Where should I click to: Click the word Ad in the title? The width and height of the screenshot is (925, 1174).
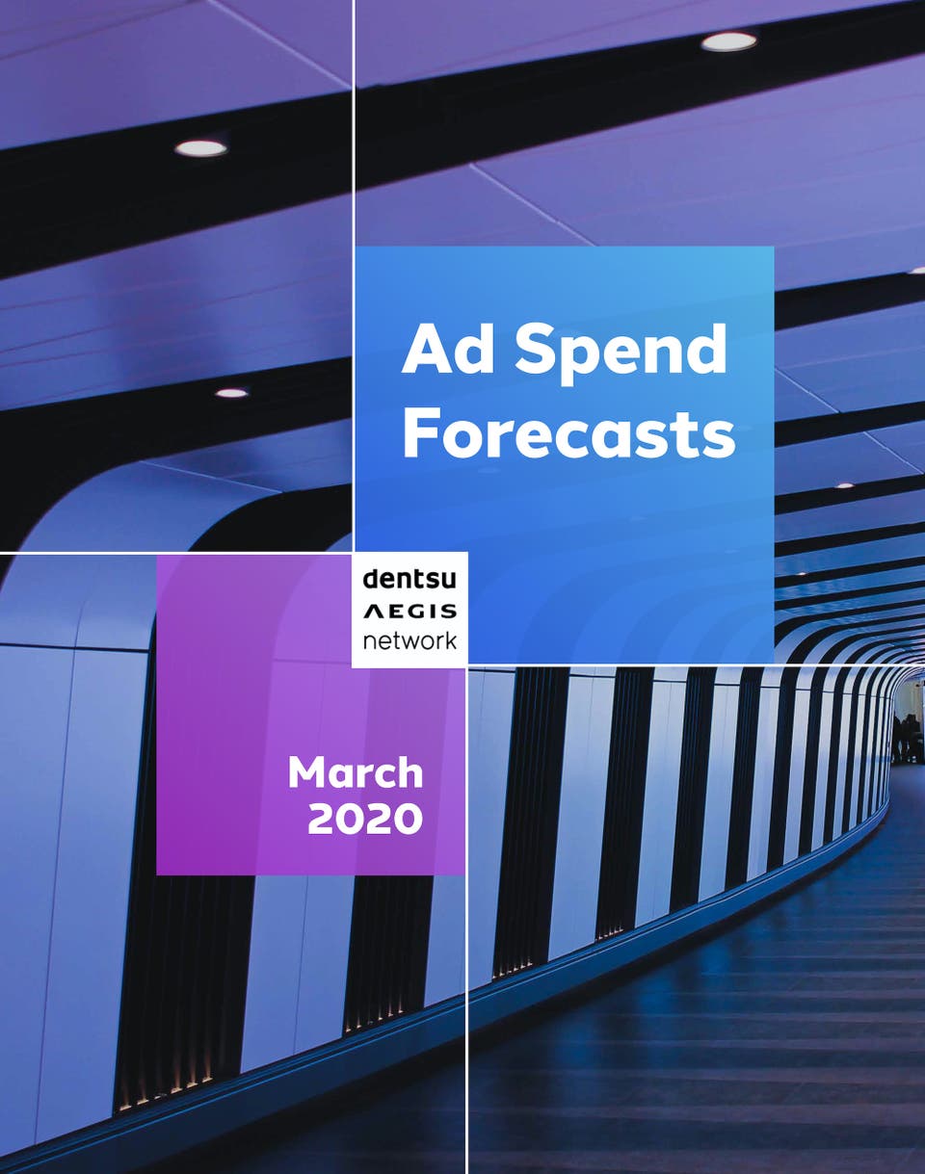coord(443,349)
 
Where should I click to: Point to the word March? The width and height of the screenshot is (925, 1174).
coord(356,773)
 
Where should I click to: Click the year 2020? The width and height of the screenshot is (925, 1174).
coord(365,819)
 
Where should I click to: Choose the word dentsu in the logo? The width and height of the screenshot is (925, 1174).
coord(410,578)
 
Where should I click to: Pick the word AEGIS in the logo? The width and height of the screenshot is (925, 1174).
coord(410,612)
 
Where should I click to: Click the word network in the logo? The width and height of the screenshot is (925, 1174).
coord(410,640)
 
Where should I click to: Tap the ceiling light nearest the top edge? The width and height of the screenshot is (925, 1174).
coord(728,41)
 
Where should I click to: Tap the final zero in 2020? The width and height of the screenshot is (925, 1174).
coord(408,819)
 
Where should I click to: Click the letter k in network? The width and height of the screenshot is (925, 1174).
coord(449,640)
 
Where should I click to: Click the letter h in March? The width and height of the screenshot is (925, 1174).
coord(410,772)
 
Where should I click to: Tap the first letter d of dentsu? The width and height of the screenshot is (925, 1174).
coord(372,578)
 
